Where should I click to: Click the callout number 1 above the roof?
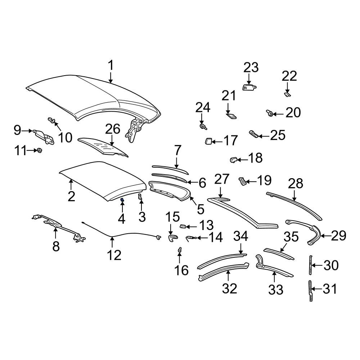(111, 66)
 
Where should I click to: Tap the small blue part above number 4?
(122, 200)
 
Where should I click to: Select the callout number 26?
(112, 129)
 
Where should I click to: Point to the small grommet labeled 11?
(40, 150)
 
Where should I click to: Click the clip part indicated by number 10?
(51, 120)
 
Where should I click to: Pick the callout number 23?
(251, 68)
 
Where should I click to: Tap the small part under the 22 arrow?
(287, 94)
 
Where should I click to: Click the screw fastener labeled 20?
(269, 113)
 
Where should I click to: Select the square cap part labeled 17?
(208, 141)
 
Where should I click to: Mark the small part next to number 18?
(234, 159)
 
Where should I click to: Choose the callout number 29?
(338, 236)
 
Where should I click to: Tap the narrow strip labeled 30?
(310, 265)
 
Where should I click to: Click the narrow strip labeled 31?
(310, 291)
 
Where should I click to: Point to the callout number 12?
(114, 255)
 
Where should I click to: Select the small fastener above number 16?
(180, 249)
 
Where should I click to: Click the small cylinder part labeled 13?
(183, 227)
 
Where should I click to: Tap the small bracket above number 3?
(140, 197)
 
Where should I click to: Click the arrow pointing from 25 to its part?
(264, 136)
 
